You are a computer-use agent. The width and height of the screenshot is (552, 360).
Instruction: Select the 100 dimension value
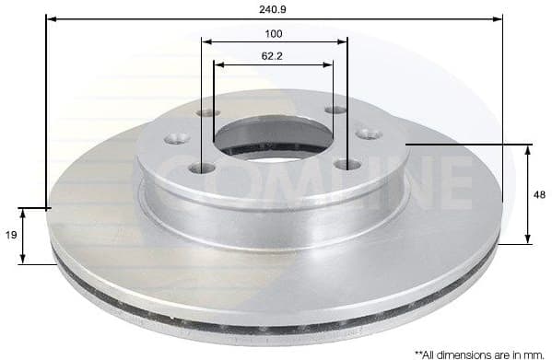click(274, 33)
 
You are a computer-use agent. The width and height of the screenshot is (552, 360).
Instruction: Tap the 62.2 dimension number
click(272, 55)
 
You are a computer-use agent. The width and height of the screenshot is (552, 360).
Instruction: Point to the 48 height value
click(542, 194)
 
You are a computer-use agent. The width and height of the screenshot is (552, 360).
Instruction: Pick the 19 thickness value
click(10, 236)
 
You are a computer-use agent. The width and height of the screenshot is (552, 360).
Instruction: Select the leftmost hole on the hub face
click(176, 139)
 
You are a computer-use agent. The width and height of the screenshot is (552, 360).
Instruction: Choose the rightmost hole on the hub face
click(370, 134)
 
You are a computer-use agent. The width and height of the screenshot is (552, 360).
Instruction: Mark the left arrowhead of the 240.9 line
click(50, 17)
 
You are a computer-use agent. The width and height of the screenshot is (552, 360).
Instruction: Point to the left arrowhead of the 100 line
click(206, 41)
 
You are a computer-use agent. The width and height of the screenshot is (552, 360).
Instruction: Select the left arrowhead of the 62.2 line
click(218, 64)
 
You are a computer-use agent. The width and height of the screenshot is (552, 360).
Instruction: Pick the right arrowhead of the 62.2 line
click(329, 64)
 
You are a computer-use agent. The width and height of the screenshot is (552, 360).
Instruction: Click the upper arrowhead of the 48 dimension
click(528, 148)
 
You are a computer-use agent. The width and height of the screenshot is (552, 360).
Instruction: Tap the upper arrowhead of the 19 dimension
click(24, 212)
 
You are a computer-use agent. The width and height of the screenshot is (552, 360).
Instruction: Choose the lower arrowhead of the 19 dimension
click(24, 261)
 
